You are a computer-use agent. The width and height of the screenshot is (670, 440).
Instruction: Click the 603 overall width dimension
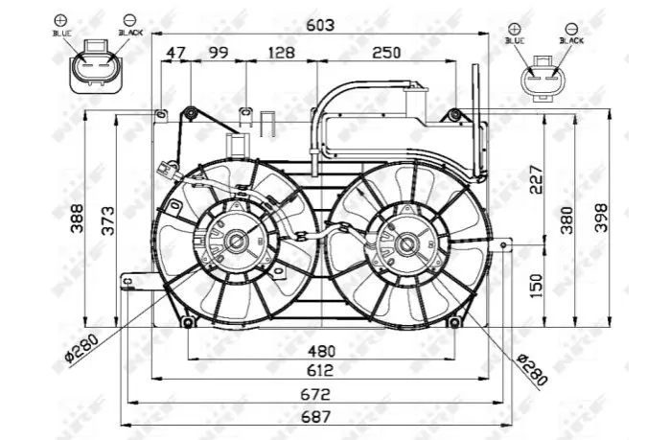pos(320,25)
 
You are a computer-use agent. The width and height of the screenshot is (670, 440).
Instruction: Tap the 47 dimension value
pos(176,53)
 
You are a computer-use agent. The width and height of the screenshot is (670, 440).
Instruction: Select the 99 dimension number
pos(219,53)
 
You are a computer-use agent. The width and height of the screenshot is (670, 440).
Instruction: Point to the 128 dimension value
pos(282,53)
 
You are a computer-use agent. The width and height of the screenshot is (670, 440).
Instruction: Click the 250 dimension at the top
pos(386,53)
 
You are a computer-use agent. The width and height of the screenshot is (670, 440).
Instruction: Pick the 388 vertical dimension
pos(78,219)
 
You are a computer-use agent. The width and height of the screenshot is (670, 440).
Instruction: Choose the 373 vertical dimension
pos(108,220)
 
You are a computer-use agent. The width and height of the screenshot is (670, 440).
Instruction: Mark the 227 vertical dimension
pos(536,179)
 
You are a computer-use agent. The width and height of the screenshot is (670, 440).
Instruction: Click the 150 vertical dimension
pos(536,286)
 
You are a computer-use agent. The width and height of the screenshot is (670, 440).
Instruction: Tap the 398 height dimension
pos(601,218)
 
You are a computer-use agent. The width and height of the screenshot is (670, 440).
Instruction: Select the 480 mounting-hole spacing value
pos(321,351)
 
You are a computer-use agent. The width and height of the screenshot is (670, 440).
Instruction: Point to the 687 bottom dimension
pos(315,416)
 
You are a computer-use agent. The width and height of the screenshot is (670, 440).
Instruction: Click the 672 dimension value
pos(315,394)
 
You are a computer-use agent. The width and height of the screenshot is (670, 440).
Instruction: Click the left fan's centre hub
pos(237,242)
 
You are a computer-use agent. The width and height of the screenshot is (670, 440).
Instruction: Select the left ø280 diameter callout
pos(81,348)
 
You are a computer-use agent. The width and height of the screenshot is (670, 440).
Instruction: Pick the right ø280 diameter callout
pos(532,369)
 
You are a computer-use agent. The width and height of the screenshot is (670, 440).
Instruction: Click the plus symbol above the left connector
pos(60,20)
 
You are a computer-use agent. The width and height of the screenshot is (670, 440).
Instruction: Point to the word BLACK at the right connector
pos(571,40)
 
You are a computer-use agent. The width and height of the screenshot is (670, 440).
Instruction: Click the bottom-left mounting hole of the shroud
pos(188,322)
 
